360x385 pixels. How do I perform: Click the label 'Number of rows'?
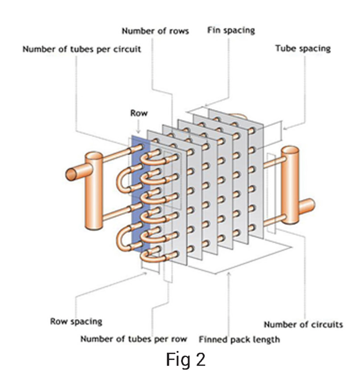pos(155,31)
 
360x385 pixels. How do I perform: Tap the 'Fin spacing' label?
pos(231,30)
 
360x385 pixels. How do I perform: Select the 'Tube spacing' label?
pos(303,48)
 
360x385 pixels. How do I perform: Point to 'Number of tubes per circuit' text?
pos(82,49)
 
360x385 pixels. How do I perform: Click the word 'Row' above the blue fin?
pos(139,113)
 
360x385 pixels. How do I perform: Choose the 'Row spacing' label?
pos(76,322)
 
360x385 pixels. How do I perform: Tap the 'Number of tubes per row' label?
pos(134,339)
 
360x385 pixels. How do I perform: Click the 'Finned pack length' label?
pos(239,340)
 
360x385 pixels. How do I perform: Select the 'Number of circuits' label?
pos(303,325)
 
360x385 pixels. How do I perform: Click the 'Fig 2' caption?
pos(186,359)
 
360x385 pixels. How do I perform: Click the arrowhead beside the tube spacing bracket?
pos(284,129)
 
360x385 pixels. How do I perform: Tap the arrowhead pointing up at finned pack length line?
pos(229,275)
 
